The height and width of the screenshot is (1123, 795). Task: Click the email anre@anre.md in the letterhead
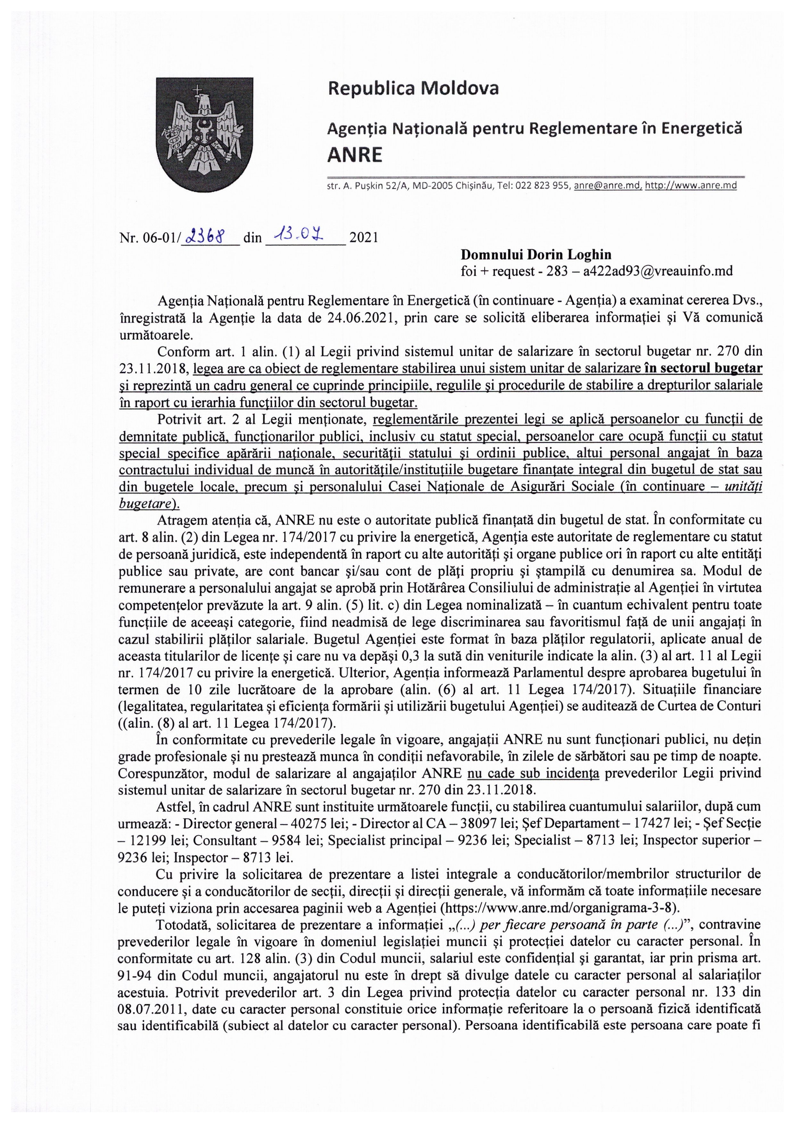(608, 186)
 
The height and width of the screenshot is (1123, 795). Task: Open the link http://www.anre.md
(691, 186)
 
